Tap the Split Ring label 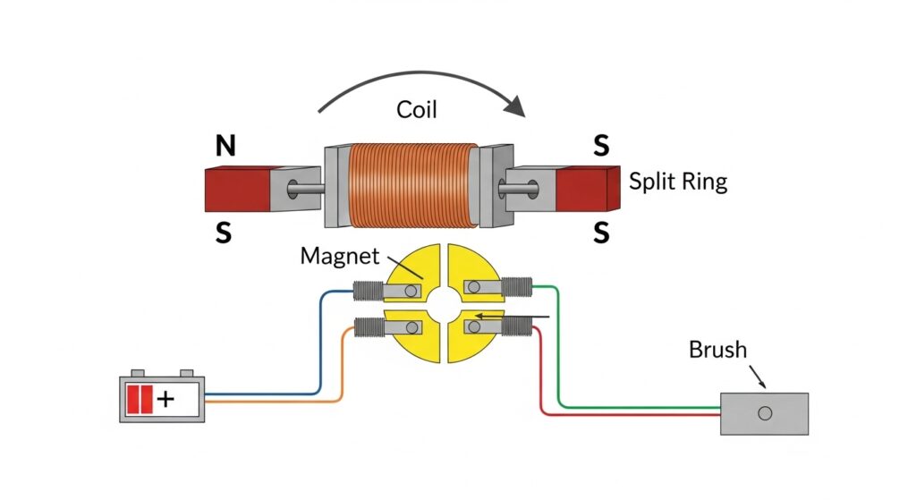(x=677, y=182)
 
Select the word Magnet (x=339, y=256)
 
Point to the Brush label (x=717, y=349)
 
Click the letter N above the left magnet (x=225, y=146)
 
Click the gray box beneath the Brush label (x=764, y=413)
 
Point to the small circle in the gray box (x=764, y=413)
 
